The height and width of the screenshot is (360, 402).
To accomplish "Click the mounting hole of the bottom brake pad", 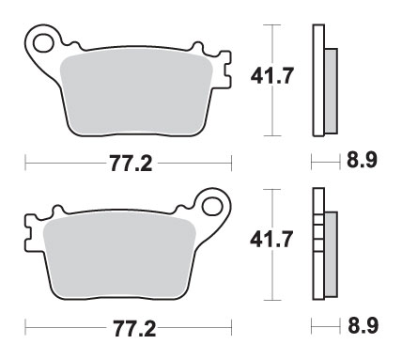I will click(x=214, y=205).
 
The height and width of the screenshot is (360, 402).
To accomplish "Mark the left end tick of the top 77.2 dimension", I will click(x=24, y=166).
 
